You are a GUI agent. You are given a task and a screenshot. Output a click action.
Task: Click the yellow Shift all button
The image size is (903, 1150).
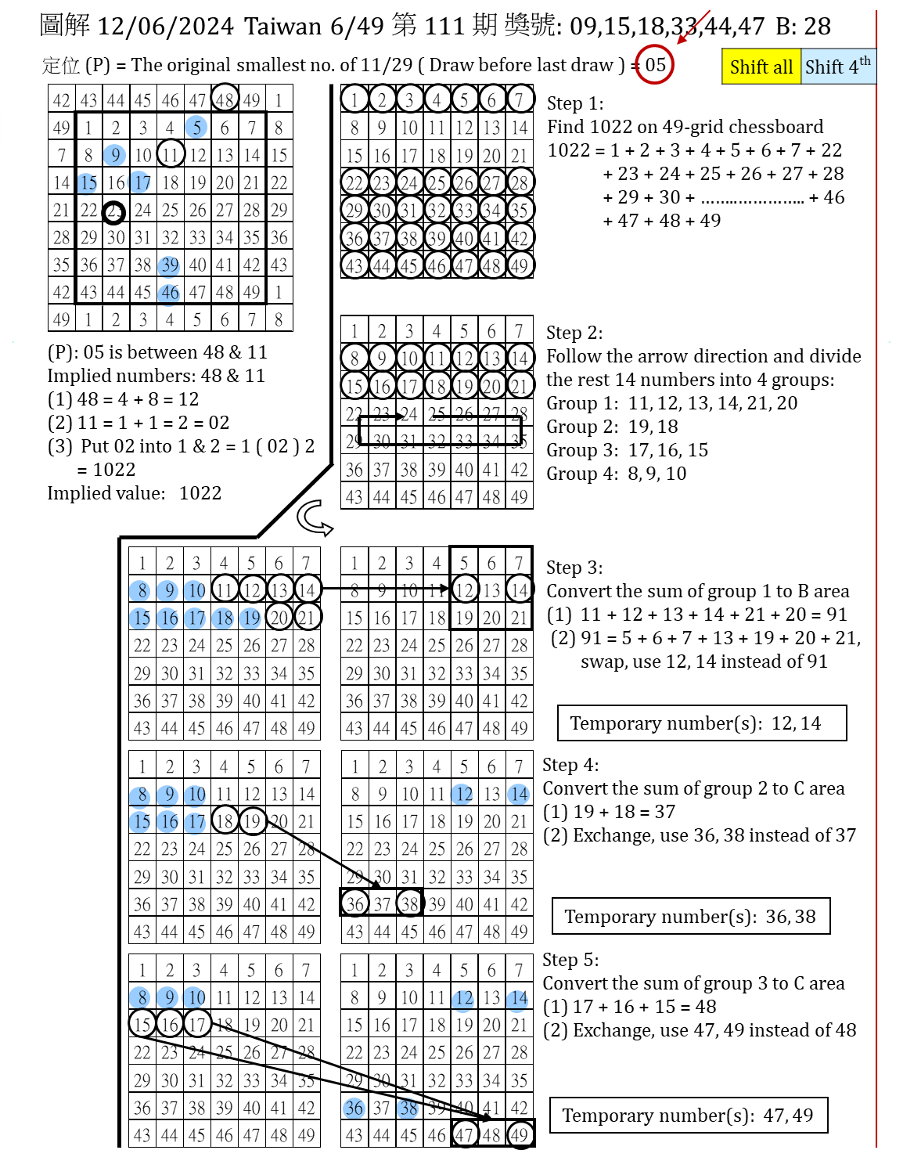761,67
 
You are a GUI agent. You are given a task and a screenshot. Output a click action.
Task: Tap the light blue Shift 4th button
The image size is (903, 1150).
839,67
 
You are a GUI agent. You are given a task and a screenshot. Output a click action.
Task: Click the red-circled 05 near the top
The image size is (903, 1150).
654,64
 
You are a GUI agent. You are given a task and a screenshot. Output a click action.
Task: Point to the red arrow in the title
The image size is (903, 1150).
693,27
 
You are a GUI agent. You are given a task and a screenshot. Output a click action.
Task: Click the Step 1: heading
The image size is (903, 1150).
575,103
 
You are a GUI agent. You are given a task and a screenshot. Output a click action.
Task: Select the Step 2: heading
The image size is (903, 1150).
574,333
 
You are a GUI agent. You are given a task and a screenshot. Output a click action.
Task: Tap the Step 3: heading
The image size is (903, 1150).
574,568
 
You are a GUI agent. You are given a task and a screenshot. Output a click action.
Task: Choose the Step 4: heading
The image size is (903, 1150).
570,765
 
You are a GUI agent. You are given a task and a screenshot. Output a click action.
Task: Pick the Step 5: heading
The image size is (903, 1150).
570,960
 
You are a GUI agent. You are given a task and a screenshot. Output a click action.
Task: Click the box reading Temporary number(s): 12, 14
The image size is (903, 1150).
702,723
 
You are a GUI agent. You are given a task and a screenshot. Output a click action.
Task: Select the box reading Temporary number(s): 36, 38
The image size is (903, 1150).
691,916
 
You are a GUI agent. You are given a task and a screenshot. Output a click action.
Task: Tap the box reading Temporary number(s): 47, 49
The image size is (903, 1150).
689,1115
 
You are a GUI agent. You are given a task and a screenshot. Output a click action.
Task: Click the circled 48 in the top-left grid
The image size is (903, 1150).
225,98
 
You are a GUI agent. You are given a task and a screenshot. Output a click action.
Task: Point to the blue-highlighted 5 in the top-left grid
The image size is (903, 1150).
196,127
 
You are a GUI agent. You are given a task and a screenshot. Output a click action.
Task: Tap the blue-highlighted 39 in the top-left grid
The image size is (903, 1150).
170,265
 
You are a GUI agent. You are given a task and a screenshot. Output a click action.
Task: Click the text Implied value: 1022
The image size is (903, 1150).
135,492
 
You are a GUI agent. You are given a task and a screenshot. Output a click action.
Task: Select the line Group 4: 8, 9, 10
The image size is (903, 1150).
617,473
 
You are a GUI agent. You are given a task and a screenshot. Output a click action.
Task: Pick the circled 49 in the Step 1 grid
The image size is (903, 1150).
519,265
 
